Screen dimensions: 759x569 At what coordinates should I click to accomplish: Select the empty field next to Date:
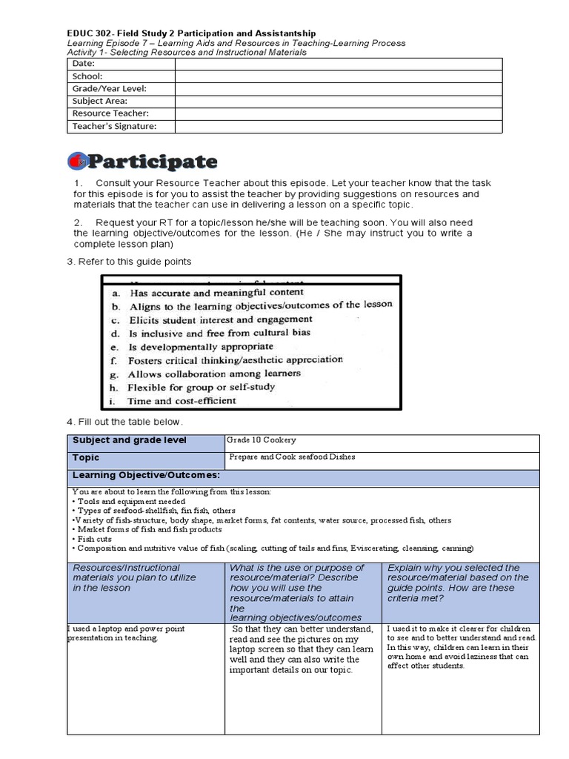coord(338,64)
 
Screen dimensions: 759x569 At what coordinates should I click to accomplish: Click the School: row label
coord(87,76)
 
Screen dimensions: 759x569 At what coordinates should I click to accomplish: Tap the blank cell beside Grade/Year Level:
coord(338,89)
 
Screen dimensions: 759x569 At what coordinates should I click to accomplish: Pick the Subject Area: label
coord(99,102)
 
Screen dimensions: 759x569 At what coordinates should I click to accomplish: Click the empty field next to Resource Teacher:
coord(338,114)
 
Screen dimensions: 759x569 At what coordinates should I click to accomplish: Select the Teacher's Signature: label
coord(114,127)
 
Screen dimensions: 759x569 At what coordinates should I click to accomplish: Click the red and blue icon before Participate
coord(78,162)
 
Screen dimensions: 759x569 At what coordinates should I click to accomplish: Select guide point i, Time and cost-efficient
coord(182,401)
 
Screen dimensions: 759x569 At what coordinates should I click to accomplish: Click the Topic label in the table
coord(86,458)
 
